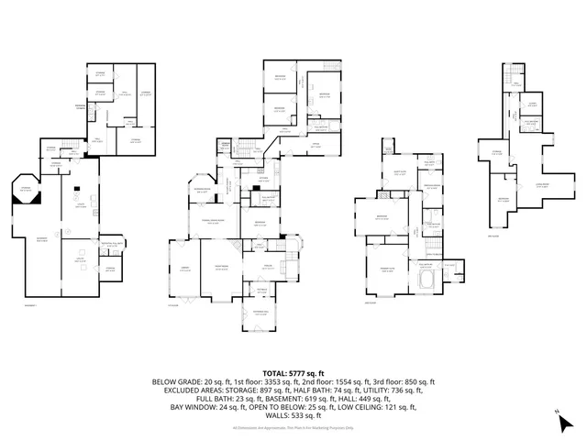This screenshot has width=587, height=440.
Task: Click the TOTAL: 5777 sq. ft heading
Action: click(293, 374)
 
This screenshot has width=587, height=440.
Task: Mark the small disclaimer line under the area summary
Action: click(293, 427)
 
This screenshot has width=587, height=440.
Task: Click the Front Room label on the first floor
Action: click(221, 268)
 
